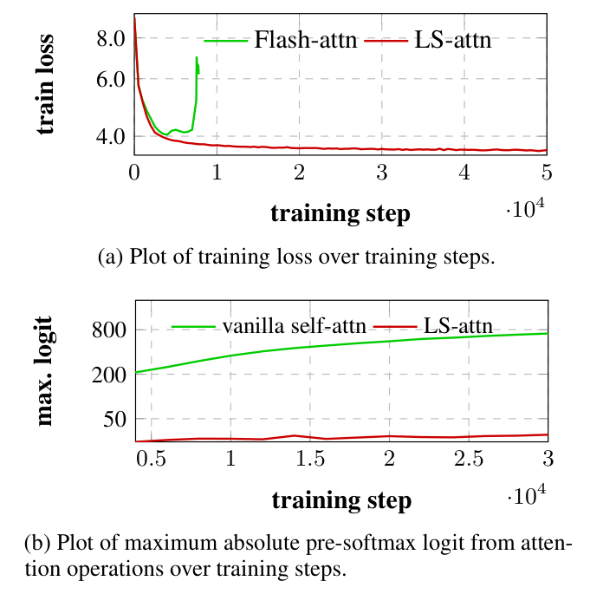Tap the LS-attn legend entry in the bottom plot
pyautogui.click(x=458, y=326)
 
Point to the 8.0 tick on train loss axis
pyautogui.click(x=111, y=38)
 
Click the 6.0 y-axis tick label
pyautogui.click(x=111, y=79)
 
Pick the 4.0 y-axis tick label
pyautogui.click(x=111, y=136)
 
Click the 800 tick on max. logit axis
pyautogui.click(x=109, y=330)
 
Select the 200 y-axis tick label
pyautogui.click(x=109, y=375)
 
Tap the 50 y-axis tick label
pyautogui.click(x=114, y=419)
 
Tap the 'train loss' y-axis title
pyautogui.click(x=46, y=84)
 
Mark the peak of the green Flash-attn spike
pyautogui.click(x=197, y=57)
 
